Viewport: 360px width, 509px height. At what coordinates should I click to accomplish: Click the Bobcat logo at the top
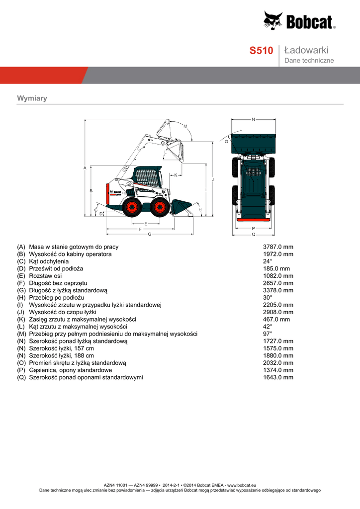[299, 21]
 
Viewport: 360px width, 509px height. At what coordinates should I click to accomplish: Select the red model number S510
[261, 51]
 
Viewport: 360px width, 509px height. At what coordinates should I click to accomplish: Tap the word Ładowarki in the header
[306, 50]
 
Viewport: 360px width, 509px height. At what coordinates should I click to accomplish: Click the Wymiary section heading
[32, 98]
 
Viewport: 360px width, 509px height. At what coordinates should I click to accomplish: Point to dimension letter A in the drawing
[85, 168]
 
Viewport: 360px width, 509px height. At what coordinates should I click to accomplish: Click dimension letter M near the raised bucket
[185, 126]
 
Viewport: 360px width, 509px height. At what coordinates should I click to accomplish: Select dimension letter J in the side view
[212, 179]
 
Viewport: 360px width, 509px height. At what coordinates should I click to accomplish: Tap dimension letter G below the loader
[149, 234]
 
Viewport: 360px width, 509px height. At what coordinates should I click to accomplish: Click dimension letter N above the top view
[253, 119]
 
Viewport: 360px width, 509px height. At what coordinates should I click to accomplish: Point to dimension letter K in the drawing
[176, 175]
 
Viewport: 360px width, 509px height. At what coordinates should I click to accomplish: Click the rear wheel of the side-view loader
[131, 207]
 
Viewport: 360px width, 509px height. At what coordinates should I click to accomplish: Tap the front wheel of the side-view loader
[160, 207]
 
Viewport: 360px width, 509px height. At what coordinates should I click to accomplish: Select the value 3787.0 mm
[278, 247]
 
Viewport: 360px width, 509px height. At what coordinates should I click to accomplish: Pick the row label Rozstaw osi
[45, 275]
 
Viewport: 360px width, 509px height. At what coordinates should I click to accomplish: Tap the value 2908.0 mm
[278, 312]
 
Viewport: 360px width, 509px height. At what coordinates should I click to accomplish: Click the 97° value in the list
[268, 334]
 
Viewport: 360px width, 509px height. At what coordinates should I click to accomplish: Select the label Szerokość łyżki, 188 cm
[61, 355]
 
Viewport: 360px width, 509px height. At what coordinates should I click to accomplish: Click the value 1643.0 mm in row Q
[278, 377]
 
